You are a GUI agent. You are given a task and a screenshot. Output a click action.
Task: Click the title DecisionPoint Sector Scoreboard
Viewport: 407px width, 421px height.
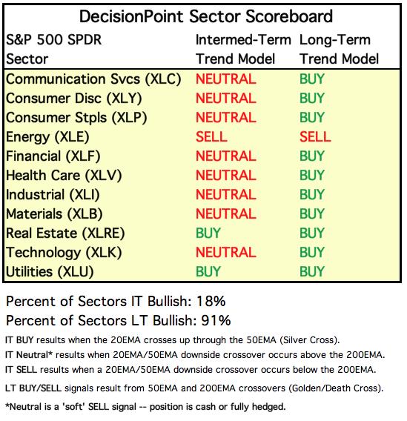click(x=206, y=16)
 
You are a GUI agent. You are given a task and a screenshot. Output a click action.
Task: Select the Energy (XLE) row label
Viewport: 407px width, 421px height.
click(x=47, y=137)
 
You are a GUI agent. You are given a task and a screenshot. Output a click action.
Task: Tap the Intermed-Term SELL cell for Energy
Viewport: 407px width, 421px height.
click(x=211, y=136)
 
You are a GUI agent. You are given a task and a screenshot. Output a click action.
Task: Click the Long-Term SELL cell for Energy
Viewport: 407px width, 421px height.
click(x=315, y=136)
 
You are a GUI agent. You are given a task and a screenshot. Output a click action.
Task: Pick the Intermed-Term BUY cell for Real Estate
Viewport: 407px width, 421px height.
click(x=208, y=233)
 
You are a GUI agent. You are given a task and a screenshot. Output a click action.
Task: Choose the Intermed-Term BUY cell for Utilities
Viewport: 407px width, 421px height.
click(x=208, y=271)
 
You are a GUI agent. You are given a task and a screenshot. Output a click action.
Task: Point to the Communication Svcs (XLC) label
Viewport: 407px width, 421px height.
click(x=93, y=79)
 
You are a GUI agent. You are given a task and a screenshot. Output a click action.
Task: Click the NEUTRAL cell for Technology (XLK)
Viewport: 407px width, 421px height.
click(x=226, y=253)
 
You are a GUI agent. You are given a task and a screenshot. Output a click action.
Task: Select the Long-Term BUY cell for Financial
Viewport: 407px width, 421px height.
click(x=312, y=156)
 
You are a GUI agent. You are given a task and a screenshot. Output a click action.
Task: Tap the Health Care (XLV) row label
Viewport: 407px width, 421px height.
click(x=64, y=176)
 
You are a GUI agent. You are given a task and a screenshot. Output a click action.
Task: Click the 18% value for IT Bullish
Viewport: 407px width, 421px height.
click(x=211, y=301)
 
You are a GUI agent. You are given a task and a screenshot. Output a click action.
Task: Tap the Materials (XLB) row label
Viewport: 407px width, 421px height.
click(x=54, y=214)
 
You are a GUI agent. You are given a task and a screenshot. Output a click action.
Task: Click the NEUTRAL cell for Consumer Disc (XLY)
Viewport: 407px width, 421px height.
click(x=226, y=99)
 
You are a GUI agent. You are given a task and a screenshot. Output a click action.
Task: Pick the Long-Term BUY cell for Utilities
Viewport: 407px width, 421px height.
click(x=312, y=271)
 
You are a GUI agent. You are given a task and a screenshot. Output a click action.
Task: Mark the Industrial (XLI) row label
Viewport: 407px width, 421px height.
click(x=53, y=195)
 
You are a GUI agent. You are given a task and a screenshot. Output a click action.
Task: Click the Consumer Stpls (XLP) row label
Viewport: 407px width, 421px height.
click(x=76, y=118)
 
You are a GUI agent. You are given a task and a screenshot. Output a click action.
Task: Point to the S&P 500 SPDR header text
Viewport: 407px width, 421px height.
click(x=53, y=40)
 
